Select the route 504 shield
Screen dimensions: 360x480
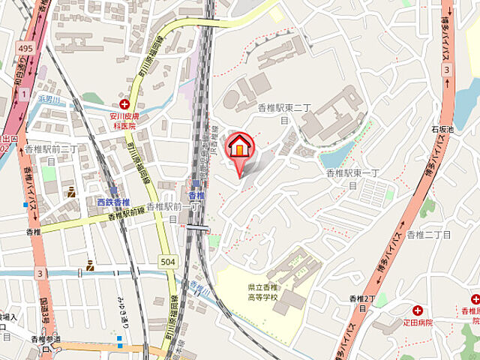(168, 259)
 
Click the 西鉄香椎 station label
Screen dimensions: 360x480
(113, 202)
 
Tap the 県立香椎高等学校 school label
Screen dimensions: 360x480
(263, 292)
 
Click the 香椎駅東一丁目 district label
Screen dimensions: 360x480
(355, 178)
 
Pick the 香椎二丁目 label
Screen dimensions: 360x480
(429, 235)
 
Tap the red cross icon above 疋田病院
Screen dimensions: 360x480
(418, 310)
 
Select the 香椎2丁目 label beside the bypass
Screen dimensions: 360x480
(362, 302)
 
